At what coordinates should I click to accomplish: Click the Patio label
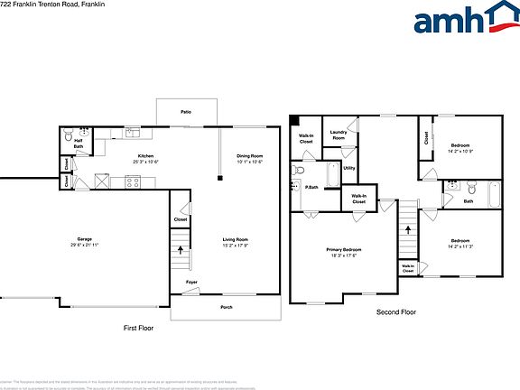pyautogui.click(x=186, y=111)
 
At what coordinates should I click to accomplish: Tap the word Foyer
pyautogui.click(x=191, y=283)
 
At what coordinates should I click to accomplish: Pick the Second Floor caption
pyautogui.click(x=396, y=312)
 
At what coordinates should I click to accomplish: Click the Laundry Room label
pyautogui.click(x=339, y=135)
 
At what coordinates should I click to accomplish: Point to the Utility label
pyautogui.click(x=348, y=167)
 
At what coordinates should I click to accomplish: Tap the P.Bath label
pyautogui.click(x=310, y=188)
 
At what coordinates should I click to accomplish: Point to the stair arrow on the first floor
pyautogui.click(x=181, y=249)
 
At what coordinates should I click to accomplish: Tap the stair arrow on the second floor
pyautogui.click(x=407, y=229)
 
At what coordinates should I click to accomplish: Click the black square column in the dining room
pyautogui.click(x=220, y=178)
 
